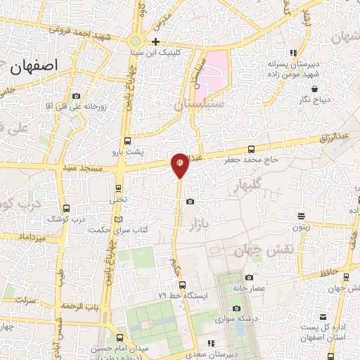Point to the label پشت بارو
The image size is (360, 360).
128,151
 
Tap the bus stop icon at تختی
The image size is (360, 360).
117,188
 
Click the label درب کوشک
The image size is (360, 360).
65,219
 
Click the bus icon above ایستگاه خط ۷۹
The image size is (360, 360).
182,285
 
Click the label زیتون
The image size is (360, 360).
301,227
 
